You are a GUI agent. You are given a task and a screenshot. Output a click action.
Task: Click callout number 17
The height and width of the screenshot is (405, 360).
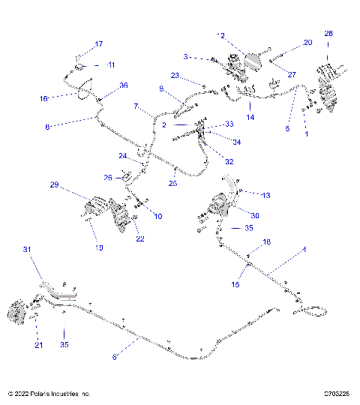(98, 43)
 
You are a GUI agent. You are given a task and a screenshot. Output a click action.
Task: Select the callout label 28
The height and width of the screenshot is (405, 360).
(328, 34)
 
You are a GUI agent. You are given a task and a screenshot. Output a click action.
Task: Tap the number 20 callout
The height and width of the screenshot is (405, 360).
(185, 56)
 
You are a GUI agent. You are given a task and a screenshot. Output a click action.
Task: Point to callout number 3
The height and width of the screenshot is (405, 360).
(304, 248)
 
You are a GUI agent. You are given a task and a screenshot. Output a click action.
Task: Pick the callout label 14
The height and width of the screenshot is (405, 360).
(250, 117)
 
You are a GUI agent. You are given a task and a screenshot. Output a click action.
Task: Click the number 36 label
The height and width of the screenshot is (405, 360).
(124, 85)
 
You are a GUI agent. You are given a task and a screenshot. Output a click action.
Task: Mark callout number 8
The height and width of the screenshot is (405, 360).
(47, 127)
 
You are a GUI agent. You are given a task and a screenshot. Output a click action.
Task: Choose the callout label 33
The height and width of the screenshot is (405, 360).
(229, 124)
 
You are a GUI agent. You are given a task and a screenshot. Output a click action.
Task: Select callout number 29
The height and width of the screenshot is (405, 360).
(53, 184)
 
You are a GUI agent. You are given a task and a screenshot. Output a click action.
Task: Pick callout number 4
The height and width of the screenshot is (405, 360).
(304, 248)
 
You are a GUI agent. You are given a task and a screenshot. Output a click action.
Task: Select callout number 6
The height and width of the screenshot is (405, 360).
(115, 358)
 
